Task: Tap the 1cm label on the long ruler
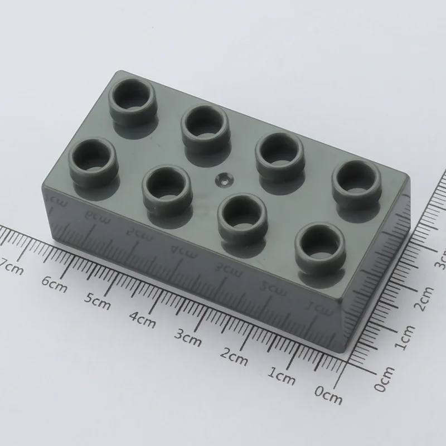[281, 376]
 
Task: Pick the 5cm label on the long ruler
[97, 302]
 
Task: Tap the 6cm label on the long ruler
[54, 284]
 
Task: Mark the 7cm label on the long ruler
[12, 268]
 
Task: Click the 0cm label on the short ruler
[385, 379]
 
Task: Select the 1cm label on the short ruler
[405, 337]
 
